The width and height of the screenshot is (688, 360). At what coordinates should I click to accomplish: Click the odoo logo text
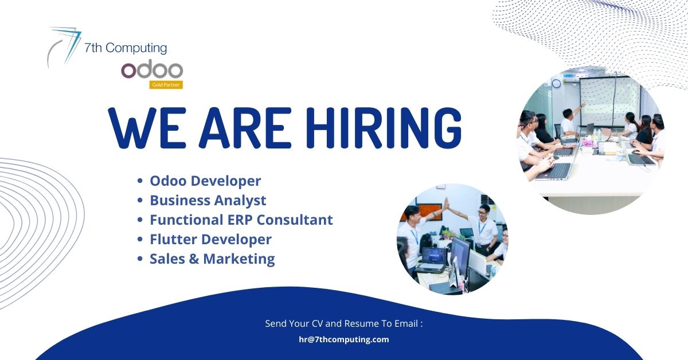click(x=152, y=70)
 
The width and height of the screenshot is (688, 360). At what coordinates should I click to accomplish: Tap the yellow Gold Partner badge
click(x=166, y=85)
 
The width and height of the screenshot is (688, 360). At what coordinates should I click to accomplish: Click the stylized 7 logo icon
click(x=64, y=46)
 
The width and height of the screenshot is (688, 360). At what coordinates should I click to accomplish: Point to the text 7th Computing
click(x=126, y=49)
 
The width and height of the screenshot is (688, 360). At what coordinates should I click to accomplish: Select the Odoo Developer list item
click(x=205, y=181)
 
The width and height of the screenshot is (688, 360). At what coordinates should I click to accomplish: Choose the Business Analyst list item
click(x=208, y=201)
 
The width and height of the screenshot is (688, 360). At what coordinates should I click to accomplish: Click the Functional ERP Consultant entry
click(x=241, y=220)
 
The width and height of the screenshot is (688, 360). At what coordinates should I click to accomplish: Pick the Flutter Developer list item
click(x=210, y=240)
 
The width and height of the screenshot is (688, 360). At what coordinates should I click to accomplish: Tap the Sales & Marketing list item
click(x=212, y=259)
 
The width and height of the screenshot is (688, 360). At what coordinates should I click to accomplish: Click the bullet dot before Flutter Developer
click(x=140, y=240)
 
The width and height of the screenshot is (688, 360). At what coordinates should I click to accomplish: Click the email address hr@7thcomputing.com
click(x=343, y=339)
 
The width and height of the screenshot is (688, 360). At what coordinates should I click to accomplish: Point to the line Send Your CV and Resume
click(x=343, y=324)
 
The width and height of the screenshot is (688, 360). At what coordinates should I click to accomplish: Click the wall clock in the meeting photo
click(x=556, y=84)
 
